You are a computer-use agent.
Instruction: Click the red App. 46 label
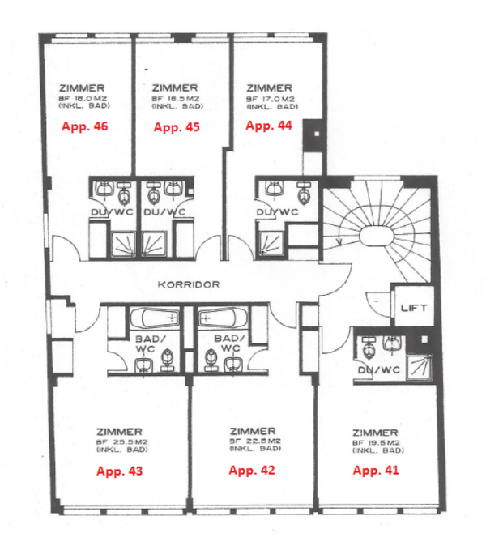point(85,126)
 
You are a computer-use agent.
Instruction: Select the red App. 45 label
point(177,126)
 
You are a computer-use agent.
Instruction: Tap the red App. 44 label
point(269,126)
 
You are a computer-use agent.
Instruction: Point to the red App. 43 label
point(118,471)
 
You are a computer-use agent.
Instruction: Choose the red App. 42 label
point(253,470)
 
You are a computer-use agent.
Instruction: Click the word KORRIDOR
point(189,285)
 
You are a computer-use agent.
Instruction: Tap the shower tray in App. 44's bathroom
point(271,241)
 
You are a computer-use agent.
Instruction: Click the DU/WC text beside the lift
point(377,371)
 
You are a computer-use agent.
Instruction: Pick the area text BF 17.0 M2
point(270,98)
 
